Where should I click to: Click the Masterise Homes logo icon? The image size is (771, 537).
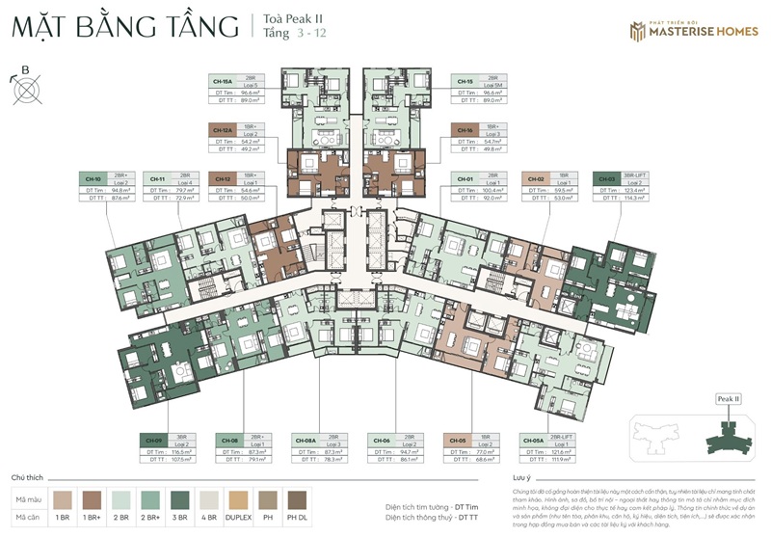[x=637, y=31]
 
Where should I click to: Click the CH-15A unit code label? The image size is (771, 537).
[x=224, y=81]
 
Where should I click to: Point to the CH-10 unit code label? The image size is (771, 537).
[x=93, y=179]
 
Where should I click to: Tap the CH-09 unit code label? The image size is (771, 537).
[x=153, y=440]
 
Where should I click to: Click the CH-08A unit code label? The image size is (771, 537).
[x=306, y=440]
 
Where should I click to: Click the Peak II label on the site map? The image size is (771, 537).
[x=729, y=398]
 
